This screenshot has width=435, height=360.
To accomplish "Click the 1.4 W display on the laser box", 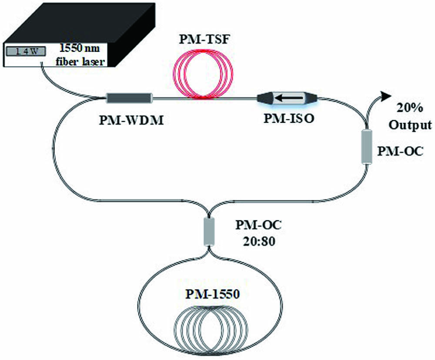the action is pos(26,51).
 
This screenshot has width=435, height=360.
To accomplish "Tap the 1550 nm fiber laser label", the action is pos(80,54).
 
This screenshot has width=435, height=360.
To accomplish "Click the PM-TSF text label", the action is pos(204,40).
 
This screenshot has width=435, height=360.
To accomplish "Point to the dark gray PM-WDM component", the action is pos(130,98).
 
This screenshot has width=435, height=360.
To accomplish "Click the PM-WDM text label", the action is pos(131,121).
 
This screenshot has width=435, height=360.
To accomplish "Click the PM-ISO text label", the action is pos(288,118).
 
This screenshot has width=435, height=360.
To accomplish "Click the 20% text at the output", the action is pos(409,108).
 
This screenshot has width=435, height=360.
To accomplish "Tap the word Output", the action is pos(410,125).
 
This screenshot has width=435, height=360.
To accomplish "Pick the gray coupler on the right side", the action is pos(367,146).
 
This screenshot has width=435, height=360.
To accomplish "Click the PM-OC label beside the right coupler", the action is pos(401,151).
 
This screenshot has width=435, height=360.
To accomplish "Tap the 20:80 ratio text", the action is pos(259,241).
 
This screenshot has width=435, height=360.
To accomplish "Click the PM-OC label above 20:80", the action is pos(258,225).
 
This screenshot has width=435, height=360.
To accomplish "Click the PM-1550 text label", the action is pos(213,294).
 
